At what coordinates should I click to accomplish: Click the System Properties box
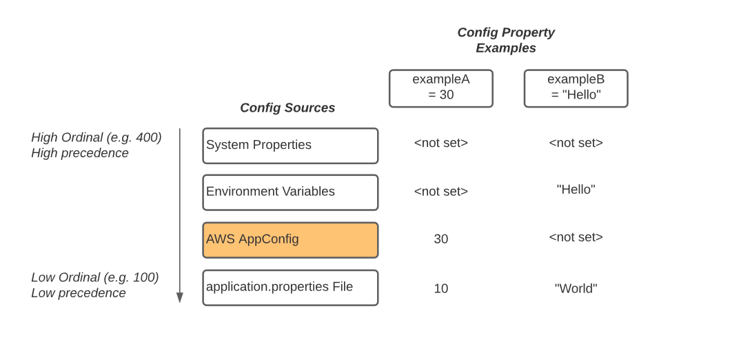tap(290, 146)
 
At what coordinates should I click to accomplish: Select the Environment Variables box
tap(290, 192)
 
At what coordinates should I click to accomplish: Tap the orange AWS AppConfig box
tap(290, 240)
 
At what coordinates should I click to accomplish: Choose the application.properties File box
tap(290, 288)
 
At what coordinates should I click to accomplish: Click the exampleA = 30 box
tap(441, 88)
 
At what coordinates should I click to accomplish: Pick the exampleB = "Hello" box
tap(576, 88)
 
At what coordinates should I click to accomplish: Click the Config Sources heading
tap(287, 108)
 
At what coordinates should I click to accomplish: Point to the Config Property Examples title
tap(506, 40)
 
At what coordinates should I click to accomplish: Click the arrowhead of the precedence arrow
tap(180, 297)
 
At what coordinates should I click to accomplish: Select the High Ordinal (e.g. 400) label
tap(97, 137)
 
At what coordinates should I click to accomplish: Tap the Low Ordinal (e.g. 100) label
tap(95, 277)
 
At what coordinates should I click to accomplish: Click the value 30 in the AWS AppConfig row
tap(441, 239)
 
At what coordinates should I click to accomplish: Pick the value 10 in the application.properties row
tap(441, 289)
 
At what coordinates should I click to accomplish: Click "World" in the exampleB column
tap(576, 289)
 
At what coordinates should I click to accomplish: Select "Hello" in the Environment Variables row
tap(576, 190)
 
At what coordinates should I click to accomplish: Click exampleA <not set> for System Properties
tap(441, 143)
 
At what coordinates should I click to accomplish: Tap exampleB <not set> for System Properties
tap(576, 143)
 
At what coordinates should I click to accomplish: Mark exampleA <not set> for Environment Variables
tap(441, 191)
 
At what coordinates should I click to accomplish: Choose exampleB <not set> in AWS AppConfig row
tap(576, 237)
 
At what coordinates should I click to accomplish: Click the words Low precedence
tap(79, 293)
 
